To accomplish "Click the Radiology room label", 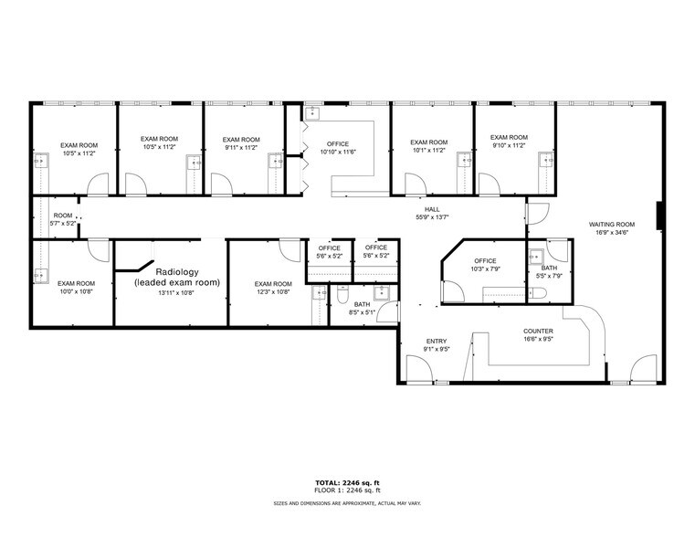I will coord(177,272).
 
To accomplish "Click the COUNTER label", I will coord(538,332).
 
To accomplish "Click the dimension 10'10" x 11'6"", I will coord(337,152).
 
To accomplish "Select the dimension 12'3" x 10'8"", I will coord(273,292).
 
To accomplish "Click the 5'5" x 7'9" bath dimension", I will coord(548,274).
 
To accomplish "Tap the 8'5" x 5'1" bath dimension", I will coord(363,312).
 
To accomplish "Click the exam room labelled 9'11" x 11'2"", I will coord(241,142).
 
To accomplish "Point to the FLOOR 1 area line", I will coord(346,490).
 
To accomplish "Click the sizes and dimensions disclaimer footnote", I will coord(346,503).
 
